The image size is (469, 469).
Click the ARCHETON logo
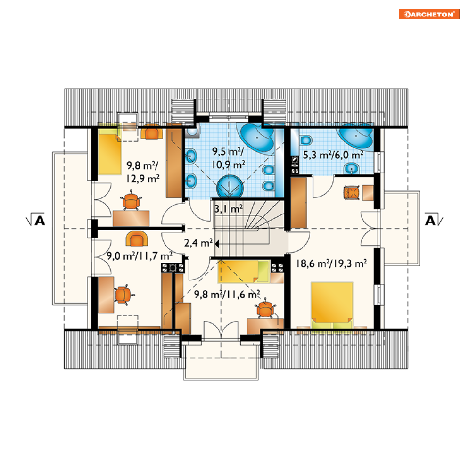[x=429, y=14]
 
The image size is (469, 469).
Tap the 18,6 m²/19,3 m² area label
[x=331, y=263]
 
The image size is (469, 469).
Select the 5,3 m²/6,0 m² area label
[x=333, y=155]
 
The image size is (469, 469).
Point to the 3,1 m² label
[x=229, y=208]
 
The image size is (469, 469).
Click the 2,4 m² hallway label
[x=198, y=243]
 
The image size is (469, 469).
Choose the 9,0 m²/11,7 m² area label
[x=140, y=256]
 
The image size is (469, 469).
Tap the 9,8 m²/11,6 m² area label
[x=227, y=294]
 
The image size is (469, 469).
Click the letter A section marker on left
[x=40, y=221]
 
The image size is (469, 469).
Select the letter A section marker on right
[x=430, y=221]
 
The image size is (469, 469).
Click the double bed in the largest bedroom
[x=332, y=305]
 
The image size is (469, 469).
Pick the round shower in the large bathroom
[x=230, y=187]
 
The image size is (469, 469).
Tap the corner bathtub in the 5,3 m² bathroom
[x=356, y=136]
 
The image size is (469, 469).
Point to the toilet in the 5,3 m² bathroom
[x=305, y=140]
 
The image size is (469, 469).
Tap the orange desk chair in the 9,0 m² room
[x=123, y=295]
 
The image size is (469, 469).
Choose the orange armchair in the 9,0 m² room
[x=137, y=239]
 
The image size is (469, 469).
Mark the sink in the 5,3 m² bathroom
[x=352, y=168]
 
